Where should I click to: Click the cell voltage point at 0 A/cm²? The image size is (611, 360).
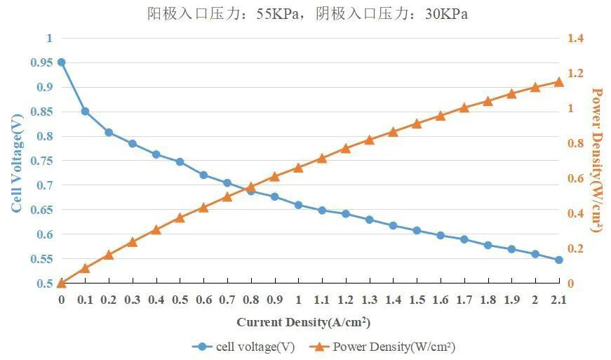[62, 62]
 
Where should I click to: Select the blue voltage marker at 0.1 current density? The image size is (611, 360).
[85, 112]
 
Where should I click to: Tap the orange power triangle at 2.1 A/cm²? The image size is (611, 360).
[559, 82]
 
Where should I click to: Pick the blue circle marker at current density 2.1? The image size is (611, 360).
[559, 260]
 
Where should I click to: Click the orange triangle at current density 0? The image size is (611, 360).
[62, 283]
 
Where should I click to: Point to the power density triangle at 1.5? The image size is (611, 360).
[417, 124]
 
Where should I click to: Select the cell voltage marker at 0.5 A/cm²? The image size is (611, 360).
[180, 162]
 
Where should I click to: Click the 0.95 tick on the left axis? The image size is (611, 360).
[41, 62]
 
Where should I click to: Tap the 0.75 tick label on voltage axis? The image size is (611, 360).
[41, 161]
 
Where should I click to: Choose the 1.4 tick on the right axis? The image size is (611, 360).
[575, 38]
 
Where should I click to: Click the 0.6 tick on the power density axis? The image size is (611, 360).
[575, 178]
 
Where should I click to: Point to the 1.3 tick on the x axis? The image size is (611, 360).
[369, 300]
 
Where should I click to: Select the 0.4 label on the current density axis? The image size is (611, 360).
[156, 300]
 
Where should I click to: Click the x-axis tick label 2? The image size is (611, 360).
[535, 300]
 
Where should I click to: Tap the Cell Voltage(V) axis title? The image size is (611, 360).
[17, 161]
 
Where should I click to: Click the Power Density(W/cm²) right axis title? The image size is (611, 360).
[597, 160]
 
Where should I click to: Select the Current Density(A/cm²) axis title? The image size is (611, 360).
[303, 323]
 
